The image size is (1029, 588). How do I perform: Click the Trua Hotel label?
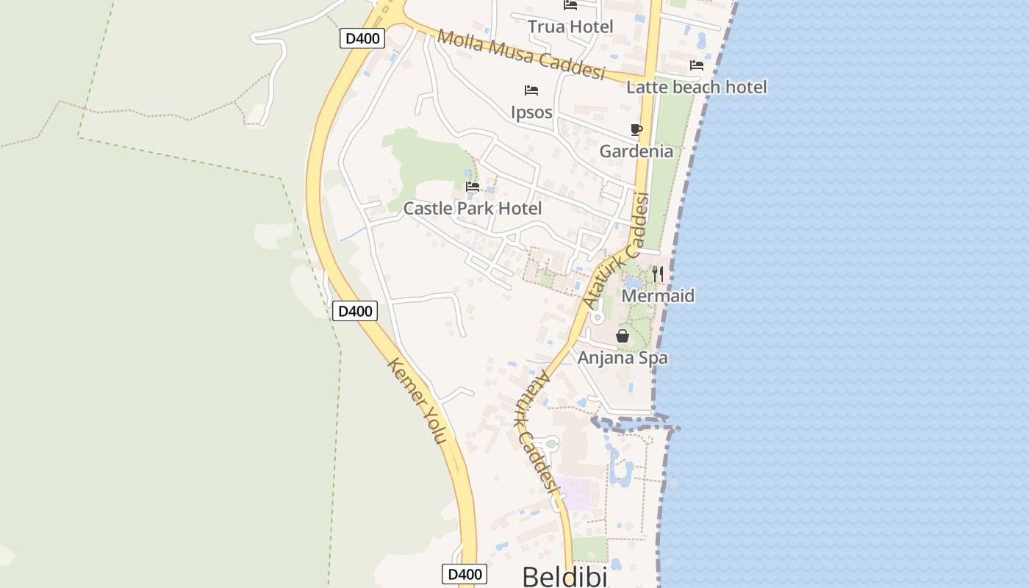570,27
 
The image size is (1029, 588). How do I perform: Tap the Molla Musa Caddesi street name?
520,54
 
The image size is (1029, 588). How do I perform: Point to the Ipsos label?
531,112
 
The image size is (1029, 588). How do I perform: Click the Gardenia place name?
636,151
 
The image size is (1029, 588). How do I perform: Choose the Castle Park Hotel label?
473,209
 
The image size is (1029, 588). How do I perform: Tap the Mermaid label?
658,296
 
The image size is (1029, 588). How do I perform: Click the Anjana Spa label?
623,358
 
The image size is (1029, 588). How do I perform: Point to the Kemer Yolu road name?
417,400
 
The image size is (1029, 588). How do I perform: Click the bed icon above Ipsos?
531,90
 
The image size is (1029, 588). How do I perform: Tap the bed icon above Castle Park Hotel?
473,187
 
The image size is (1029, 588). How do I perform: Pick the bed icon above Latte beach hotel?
697,65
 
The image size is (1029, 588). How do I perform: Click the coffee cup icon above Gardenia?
637,130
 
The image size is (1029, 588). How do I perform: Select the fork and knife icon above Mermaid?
658,274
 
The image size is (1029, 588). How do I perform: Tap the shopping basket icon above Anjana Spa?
623,336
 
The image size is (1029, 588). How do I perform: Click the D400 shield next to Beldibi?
465,574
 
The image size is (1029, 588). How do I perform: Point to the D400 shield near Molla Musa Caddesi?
362,38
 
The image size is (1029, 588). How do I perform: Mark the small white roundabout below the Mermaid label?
598,318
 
